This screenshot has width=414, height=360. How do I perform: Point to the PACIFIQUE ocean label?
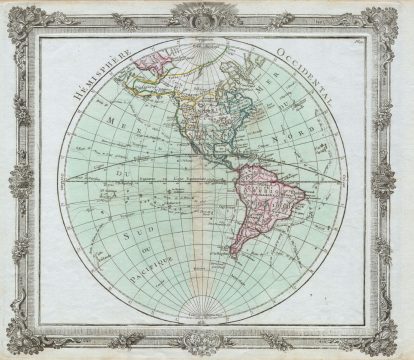pos(153,262)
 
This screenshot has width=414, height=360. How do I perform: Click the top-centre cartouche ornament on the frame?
pos(208,16)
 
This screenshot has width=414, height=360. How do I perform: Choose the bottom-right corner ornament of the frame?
pos(392,340)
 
